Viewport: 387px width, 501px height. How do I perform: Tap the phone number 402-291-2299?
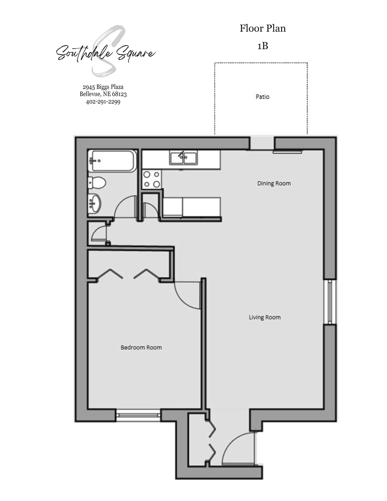click(103, 102)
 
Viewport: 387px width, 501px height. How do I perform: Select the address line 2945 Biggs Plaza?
click(103, 87)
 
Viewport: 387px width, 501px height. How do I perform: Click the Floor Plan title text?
click(263, 28)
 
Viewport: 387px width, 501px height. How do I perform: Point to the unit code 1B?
click(263, 46)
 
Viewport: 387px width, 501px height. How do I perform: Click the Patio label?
click(262, 97)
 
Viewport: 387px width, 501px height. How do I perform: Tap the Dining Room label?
click(274, 183)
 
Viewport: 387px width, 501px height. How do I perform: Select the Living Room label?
click(265, 317)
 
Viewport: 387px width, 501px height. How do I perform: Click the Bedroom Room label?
click(141, 348)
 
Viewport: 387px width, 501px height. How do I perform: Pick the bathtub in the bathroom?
click(112, 161)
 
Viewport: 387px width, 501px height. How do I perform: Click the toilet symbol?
click(97, 183)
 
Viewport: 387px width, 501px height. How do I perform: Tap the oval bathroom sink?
click(95, 203)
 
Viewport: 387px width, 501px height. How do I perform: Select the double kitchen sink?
click(184, 158)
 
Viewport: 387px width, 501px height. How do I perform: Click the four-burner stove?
click(151, 179)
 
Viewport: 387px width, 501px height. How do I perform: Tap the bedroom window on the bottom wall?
click(139, 415)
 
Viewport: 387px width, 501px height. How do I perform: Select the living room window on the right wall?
click(330, 302)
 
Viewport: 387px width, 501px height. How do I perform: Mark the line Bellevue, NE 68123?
click(103, 94)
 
